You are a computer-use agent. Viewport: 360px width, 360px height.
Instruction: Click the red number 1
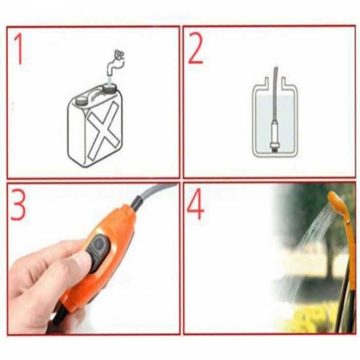pos(20,49)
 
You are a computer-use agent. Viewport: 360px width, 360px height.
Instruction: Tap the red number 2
pos(195,49)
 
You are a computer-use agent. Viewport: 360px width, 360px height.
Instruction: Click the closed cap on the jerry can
pos(81,101)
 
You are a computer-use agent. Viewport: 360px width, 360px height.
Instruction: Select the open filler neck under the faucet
pos(110,88)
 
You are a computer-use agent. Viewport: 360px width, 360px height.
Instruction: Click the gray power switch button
pos(99,251)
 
